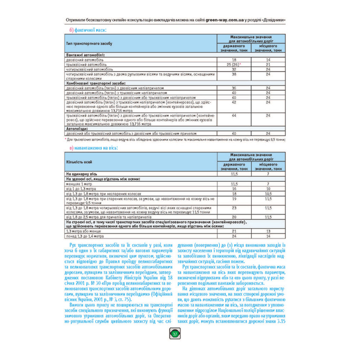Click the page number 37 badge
point(175,334)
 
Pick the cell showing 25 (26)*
point(234,64)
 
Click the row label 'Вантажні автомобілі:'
point(83,55)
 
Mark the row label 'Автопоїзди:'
point(77,129)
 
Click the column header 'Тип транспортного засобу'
point(89,44)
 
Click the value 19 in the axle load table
point(234,198)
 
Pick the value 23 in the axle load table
point(234,208)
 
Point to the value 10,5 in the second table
point(268,193)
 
